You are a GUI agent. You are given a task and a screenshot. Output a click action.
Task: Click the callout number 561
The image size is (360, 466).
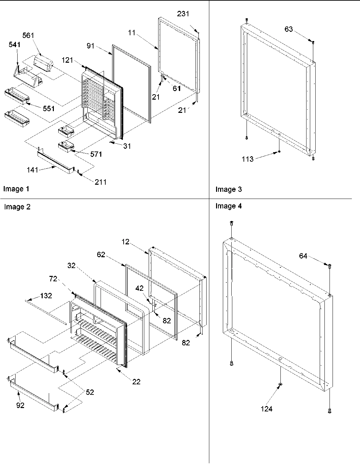(x=28, y=36)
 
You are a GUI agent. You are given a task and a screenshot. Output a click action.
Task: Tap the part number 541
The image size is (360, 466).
(x=15, y=44)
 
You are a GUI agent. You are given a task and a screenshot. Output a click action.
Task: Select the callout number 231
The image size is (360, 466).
(x=183, y=14)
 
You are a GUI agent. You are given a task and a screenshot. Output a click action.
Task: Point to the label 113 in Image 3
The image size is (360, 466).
(x=248, y=159)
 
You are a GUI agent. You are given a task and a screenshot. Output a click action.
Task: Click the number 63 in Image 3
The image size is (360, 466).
(x=289, y=29)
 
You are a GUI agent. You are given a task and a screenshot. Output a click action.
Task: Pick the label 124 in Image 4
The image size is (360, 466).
(x=267, y=409)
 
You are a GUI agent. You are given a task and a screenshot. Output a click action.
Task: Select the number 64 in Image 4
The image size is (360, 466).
(x=303, y=256)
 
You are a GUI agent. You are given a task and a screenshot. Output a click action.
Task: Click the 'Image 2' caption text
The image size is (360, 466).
(x=17, y=207)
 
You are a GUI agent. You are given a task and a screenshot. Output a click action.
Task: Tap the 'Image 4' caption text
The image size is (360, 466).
(x=229, y=206)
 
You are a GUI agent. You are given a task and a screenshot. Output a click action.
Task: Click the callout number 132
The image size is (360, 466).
(x=46, y=296)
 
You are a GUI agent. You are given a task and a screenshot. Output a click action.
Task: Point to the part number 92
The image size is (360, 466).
(x=20, y=405)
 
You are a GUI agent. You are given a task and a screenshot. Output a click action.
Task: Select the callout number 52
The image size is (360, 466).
(x=90, y=392)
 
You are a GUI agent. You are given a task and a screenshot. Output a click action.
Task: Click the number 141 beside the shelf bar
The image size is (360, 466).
(x=33, y=170)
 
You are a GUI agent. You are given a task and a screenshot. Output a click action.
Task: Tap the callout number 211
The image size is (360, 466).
(x=101, y=182)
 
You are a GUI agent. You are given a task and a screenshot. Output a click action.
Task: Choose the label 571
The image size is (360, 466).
(x=96, y=154)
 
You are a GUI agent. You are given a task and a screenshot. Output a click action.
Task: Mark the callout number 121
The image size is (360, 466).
(x=67, y=60)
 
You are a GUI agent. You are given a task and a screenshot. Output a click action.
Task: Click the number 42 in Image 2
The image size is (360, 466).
(x=140, y=288)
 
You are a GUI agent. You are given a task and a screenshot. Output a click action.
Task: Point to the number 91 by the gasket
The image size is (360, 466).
(x=90, y=46)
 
